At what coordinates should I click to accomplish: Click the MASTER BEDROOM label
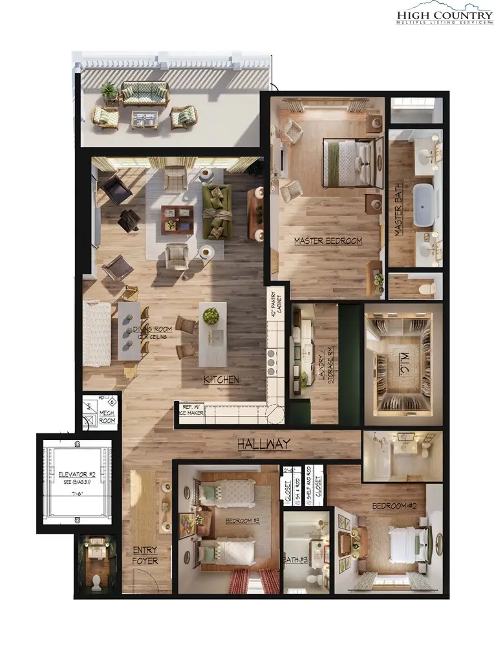[x=328, y=241]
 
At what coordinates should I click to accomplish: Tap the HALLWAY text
[x=263, y=444]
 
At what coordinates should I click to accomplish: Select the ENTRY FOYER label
[x=145, y=556]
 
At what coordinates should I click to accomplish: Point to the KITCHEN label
[x=221, y=380]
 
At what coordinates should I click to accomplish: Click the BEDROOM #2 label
[x=393, y=505]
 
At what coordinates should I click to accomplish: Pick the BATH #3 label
[x=295, y=560]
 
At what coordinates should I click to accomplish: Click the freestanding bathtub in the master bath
[x=424, y=206]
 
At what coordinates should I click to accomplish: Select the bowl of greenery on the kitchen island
[x=211, y=316]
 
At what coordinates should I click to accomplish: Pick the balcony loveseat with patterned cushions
[x=145, y=93]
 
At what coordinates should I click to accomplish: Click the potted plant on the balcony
[x=109, y=91]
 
